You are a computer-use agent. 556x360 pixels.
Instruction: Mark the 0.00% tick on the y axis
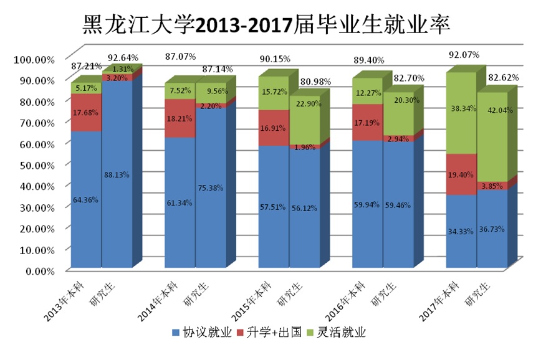click(x=37, y=271)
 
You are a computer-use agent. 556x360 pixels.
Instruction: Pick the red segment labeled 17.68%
click(x=86, y=113)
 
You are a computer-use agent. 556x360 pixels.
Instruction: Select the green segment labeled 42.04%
click(x=492, y=137)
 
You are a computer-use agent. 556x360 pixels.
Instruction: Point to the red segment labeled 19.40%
click(x=461, y=175)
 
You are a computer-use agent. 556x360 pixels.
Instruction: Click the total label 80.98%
click(x=315, y=82)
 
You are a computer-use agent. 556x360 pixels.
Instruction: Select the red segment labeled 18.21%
click(x=180, y=119)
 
